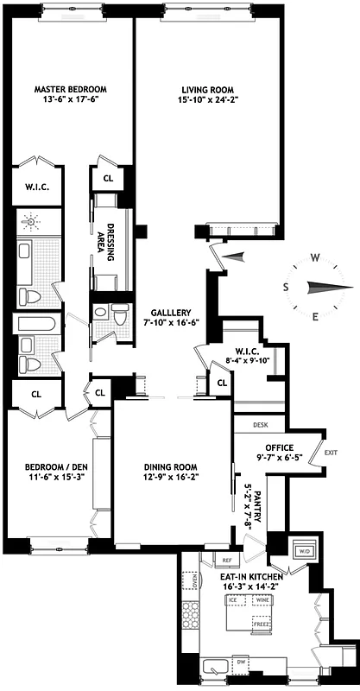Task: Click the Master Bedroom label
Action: [x=70, y=89]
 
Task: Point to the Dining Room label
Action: [x=174, y=470]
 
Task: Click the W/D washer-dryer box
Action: [x=303, y=550]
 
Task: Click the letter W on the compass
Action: [x=316, y=257]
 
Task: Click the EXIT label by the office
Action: [x=330, y=452]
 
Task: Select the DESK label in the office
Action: [x=261, y=425]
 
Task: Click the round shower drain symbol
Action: [x=34, y=222]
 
